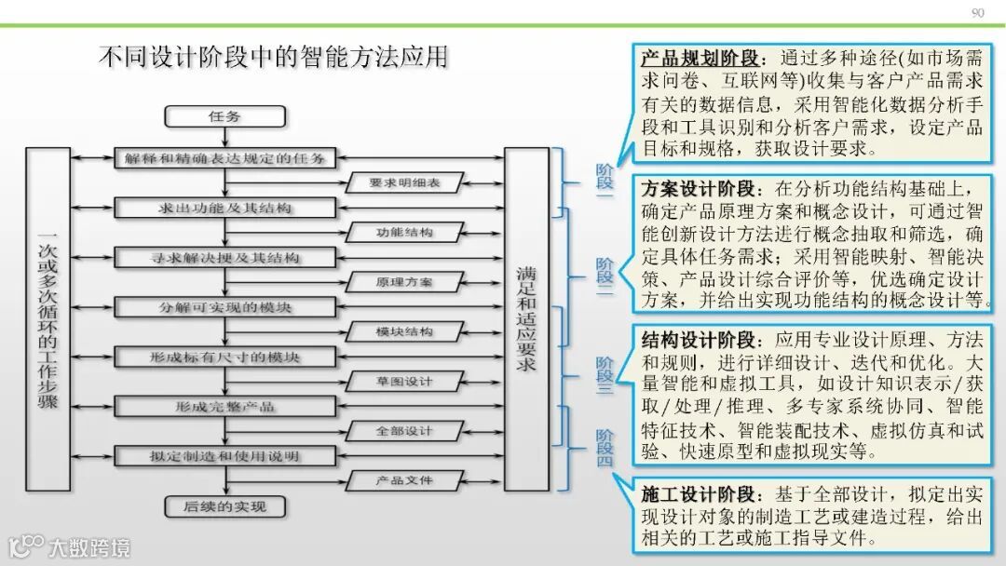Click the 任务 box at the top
(224, 116)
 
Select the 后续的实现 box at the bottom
(224, 506)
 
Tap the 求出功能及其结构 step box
(224, 207)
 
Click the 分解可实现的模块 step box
(224, 306)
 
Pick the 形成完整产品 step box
(224, 407)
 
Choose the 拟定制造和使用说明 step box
(224, 456)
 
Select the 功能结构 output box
(403, 232)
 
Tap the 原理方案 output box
(403, 281)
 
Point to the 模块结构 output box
(403, 331)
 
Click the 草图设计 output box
(403, 381)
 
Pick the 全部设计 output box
(403, 431)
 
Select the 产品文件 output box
(403, 480)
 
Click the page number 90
(977, 12)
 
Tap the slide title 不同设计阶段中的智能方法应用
(273, 58)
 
